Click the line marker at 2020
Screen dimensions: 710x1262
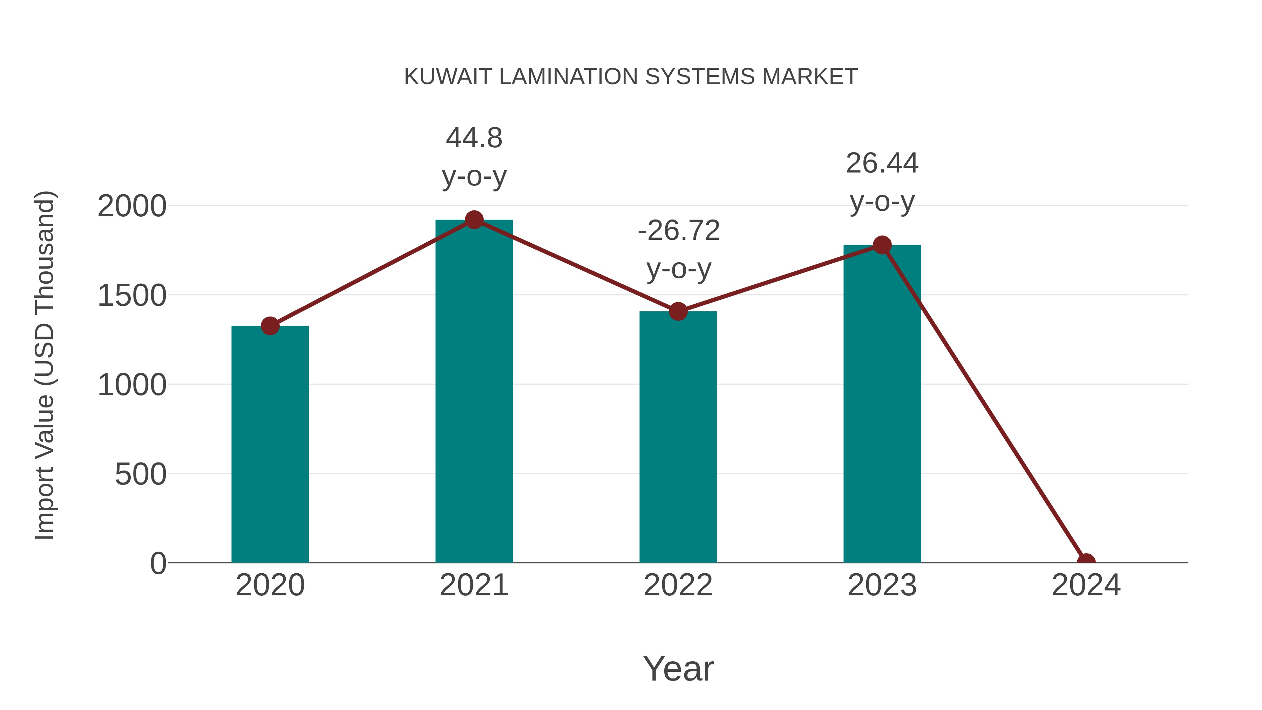pyautogui.click(x=270, y=326)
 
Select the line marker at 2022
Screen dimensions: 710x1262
pyautogui.click(x=678, y=311)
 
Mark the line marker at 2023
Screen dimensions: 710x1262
pyautogui.click(x=882, y=245)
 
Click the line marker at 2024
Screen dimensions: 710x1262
pyautogui.click(x=1086, y=562)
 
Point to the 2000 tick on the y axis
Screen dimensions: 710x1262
pyautogui.click(x=132, y=206)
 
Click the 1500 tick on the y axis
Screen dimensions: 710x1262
pyautogui.click(x=132, y=296)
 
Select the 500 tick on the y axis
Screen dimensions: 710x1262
pyautogui.click(x=141, y=474)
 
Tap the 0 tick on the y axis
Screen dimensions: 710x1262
pyautogui.click(x=158, y=563)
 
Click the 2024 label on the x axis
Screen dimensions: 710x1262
pyautogui.click(x=1086, y=585)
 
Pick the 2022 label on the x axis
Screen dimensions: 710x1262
pyautogui.click(x=678, y=585)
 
